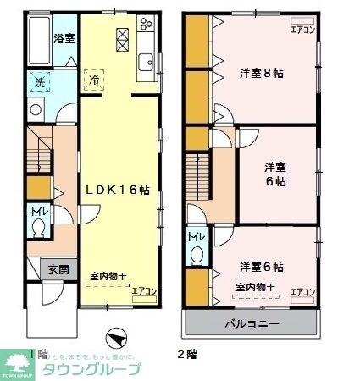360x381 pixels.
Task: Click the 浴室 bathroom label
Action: coord(64,38)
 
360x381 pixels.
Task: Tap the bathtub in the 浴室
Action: coord(38,40)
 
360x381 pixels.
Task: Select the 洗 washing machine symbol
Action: coord(40,83)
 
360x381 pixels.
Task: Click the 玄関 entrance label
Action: coord(58,270)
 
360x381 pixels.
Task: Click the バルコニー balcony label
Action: coord(252,323)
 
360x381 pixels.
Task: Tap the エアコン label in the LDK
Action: coord(145,291)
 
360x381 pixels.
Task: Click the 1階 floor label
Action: coord(36,352)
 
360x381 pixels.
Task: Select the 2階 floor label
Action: coord(186,352)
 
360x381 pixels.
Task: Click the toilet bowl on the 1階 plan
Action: coord(38,229)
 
